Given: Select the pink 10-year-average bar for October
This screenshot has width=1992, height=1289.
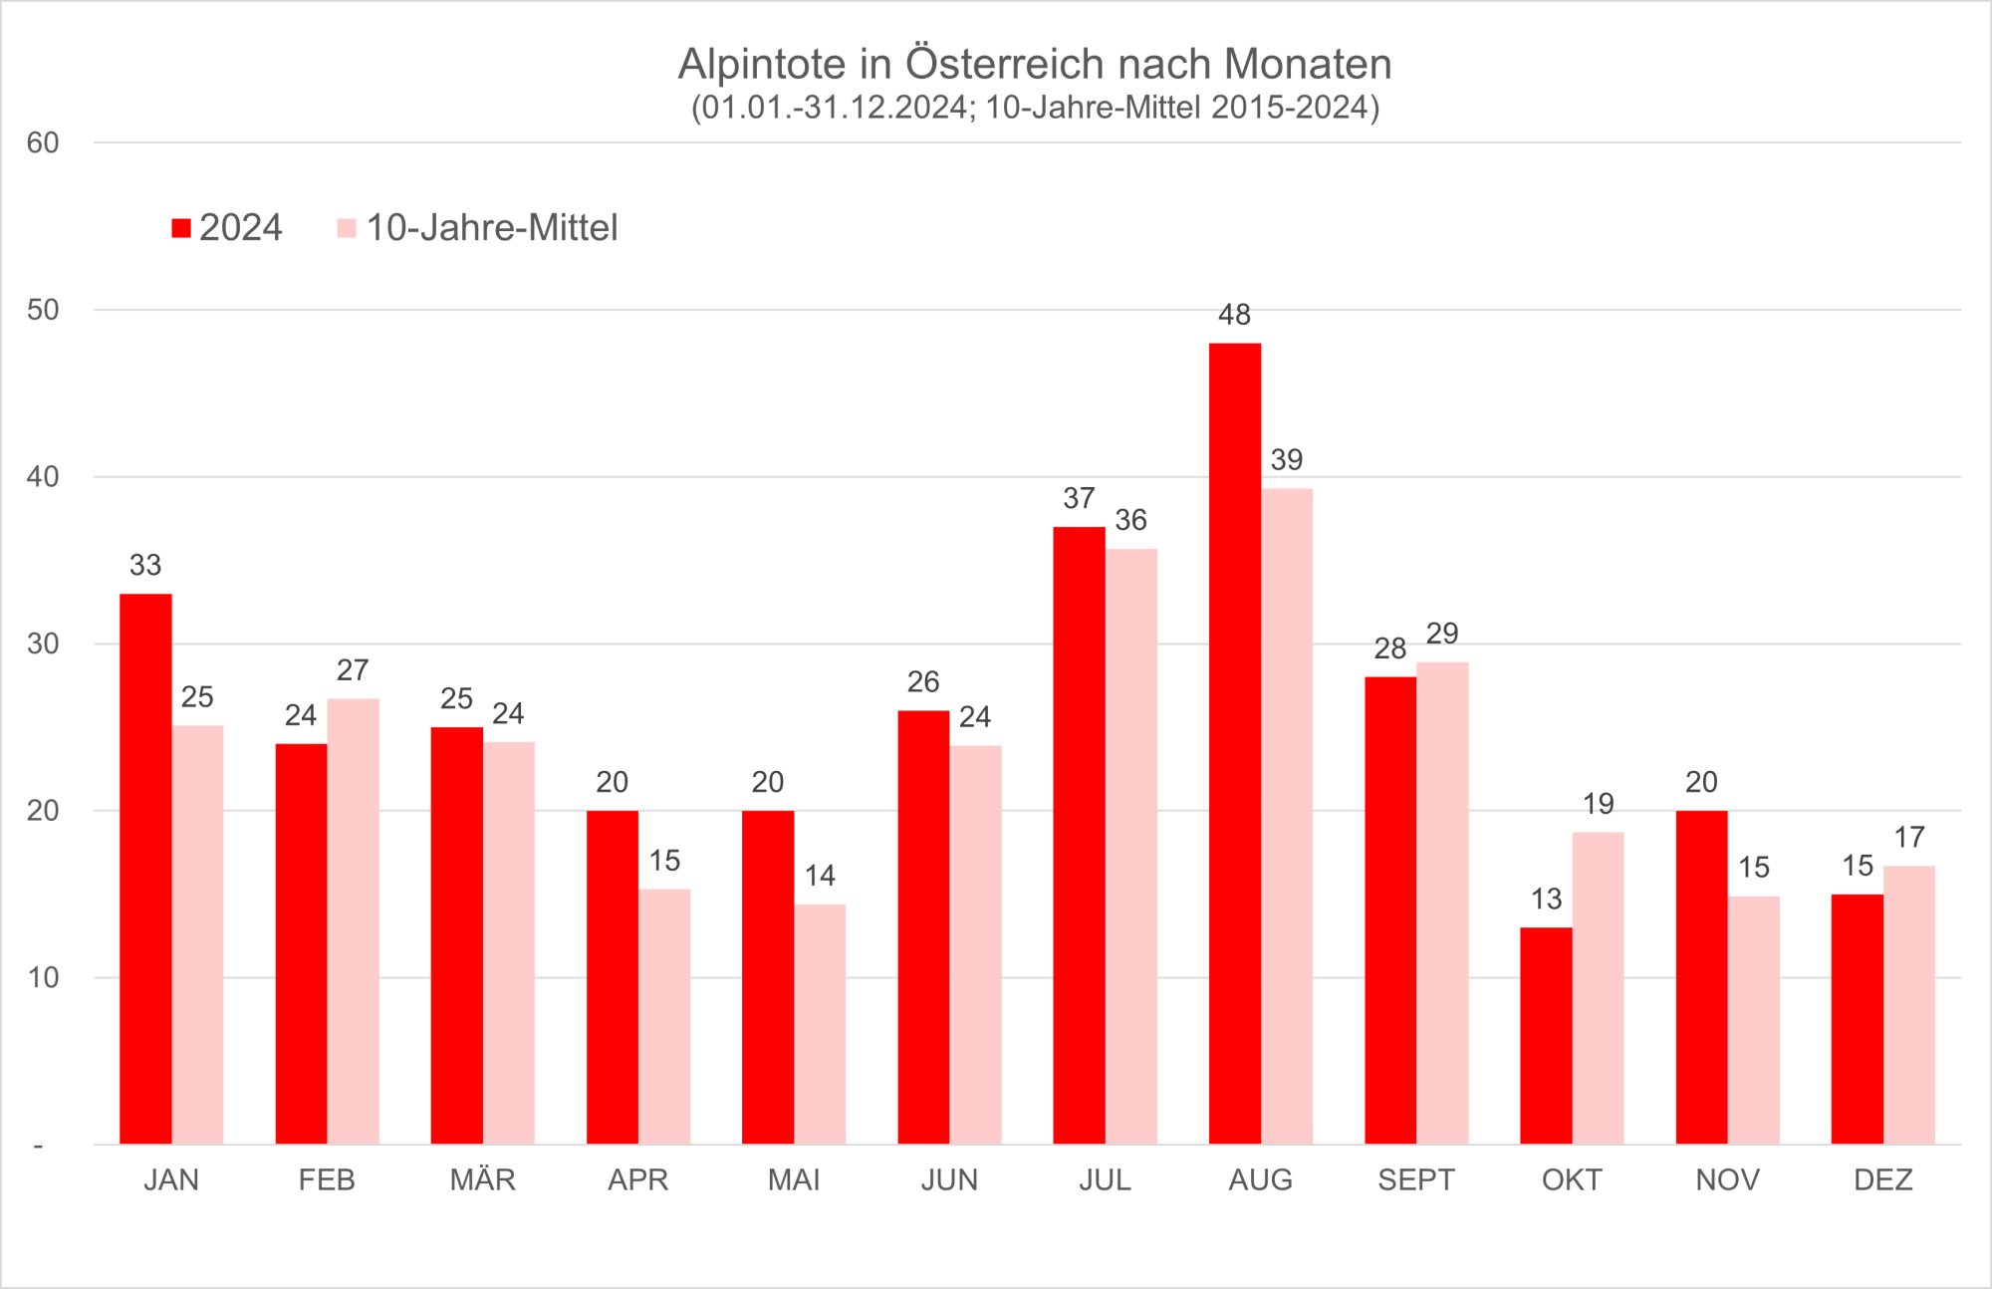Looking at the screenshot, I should pyautogui.click(x=1598, y=987).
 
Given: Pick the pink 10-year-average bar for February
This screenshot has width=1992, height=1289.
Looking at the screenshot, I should pyautogui.click(x=353, y=921).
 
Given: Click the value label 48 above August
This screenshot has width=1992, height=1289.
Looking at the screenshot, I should pyautogui.click(x=1234, y=315).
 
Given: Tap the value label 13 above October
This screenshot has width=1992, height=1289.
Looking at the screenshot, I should pyautogui.click(x=1546, y=900).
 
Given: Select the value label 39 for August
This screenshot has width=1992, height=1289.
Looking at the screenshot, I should pyautogui.click(x=1286, y=460).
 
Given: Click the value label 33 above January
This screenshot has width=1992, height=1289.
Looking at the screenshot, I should pyautogui.click(x=145, y=566).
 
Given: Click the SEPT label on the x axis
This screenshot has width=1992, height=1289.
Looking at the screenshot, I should pyautogui.click(x=1415, y=1180).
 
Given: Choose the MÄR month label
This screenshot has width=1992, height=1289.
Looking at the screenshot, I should pyautogui.click(x=482, y=1180).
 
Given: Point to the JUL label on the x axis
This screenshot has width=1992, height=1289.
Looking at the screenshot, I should pyautogui.click(x=1105, y=1180).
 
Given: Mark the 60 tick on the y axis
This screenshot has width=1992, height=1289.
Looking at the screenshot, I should pyautogui.click(x=43, y=143).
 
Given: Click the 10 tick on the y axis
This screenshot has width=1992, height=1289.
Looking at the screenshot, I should pyautogui.click(x=43, y=978).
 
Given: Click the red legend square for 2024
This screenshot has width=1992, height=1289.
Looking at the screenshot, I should pyautogui.click(x=181, y=228).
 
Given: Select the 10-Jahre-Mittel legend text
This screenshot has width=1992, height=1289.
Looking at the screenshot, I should pyautogui.click(x=492, y=228).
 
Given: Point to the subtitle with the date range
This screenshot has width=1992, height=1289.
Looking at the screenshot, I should pyautogui.click(x=1035, y=108).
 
